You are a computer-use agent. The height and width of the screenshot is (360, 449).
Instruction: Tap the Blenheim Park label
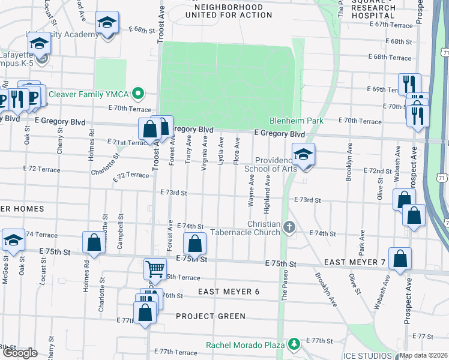(x=296, y=121)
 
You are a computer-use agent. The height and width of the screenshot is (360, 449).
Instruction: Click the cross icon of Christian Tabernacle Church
(x=290, y=227)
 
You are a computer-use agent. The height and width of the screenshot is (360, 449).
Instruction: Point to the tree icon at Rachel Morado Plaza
(x=294, y=344)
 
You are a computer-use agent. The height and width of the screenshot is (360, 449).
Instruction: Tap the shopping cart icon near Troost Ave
(x=155, y=268)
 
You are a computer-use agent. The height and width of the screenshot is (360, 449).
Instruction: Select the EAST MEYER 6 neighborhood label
(x=229, y=292)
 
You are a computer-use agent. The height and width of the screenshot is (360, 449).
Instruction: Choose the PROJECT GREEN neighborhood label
(x=211, y=316)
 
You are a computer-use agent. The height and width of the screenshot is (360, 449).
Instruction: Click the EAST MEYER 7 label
(x=355, y=263)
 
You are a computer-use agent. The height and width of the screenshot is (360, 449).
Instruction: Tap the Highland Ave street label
(x=268, y=199)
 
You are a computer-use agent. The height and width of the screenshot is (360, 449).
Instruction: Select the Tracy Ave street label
(x=189, y=149)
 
